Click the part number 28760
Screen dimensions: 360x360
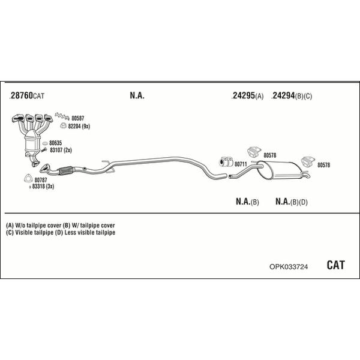21,95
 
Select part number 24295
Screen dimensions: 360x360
243,95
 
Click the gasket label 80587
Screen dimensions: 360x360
78,118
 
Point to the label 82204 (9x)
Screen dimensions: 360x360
79,126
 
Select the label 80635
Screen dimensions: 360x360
56,143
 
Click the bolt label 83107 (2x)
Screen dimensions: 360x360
61,150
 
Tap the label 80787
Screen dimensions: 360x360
41,180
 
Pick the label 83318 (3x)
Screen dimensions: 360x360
43,187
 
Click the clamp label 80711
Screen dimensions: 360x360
241,164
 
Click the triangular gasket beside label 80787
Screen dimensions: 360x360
28,178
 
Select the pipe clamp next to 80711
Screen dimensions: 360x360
226,161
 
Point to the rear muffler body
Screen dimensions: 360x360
280,170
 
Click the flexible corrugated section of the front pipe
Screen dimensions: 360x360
65,170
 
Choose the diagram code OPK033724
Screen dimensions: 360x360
289,267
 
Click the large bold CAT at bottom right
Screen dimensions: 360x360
335,265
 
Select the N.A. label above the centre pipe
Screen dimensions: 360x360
137,95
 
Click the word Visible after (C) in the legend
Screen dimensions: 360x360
24,233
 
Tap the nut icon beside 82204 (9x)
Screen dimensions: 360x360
63,125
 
